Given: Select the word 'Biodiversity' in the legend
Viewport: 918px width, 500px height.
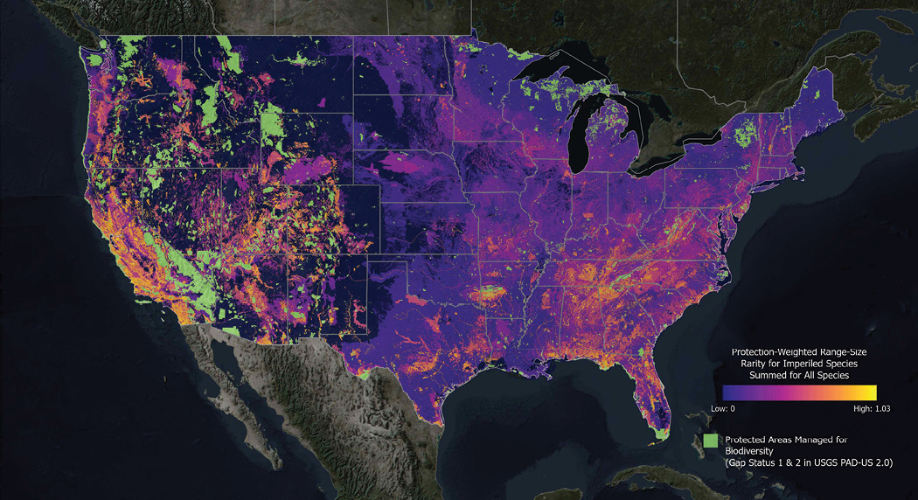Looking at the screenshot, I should [x=748, y=450].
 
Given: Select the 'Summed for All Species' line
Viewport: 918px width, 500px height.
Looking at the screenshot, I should [x=798, y=374].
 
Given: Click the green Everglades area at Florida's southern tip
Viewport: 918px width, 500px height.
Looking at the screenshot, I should [x=664, y=430].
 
